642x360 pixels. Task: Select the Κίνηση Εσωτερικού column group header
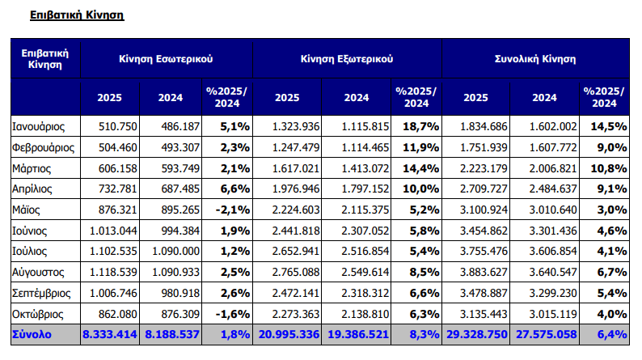[x=166, y=59]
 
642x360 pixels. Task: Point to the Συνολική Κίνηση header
[x=534, y=59]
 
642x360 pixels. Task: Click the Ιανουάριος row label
[x=40, y=126]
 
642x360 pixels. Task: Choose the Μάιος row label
[x=27, y=210]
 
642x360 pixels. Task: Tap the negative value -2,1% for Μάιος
[x=229, y=210]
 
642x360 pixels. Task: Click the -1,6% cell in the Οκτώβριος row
[x=229, y=312]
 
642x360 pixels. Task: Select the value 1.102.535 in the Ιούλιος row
[x=110, y=250]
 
